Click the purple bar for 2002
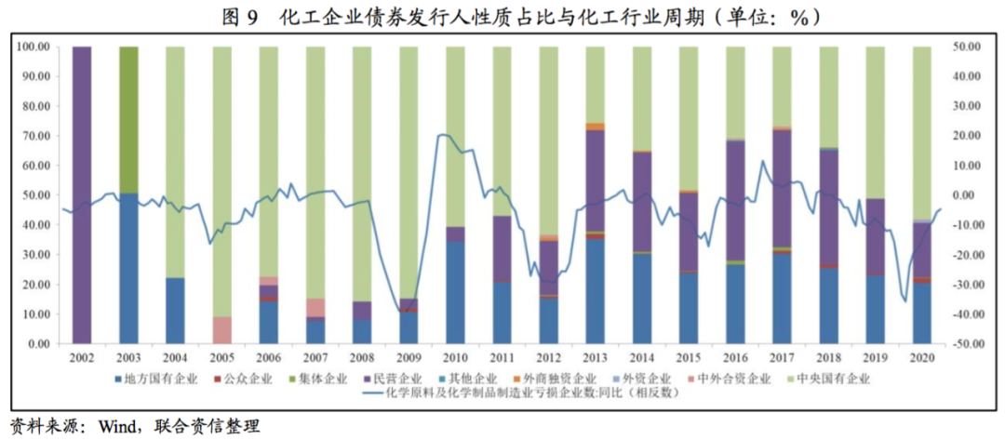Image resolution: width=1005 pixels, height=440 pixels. pos(82,194)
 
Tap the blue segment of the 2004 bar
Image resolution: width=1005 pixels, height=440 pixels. pos(175,311)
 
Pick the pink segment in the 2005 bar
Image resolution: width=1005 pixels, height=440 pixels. pos(221,330)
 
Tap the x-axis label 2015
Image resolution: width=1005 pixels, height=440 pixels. pos(688,357)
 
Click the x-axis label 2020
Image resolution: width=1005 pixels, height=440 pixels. pos(920,357)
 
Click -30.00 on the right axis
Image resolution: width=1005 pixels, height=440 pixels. pos(972,285)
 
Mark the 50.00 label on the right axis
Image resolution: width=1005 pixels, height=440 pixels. pos(971,47)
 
